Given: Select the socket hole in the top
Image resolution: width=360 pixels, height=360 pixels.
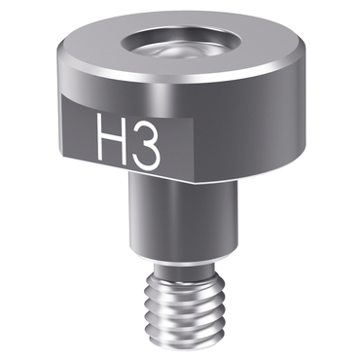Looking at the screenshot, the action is coord(181,43).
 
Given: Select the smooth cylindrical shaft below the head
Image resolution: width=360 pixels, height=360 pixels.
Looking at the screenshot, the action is coord(184,217).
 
